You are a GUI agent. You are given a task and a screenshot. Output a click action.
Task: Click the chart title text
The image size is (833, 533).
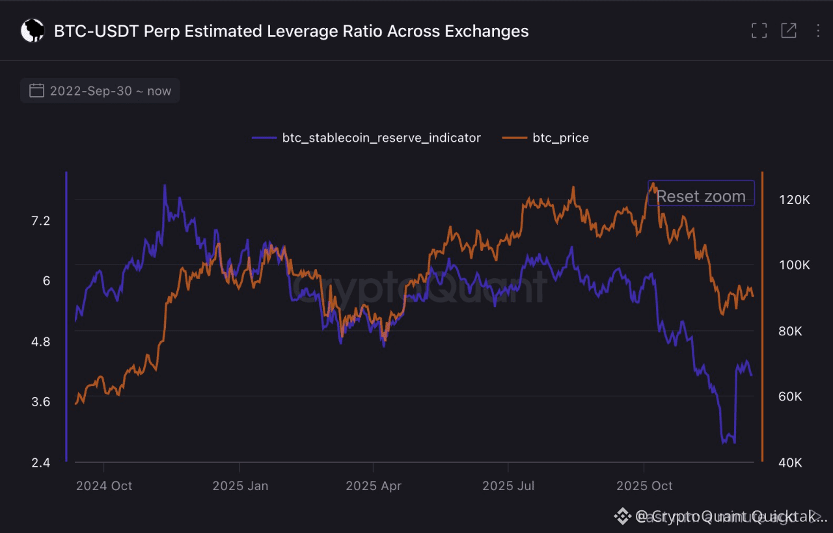coord(291,31)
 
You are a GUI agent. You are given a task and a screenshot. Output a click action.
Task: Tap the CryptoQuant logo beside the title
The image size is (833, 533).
coord(32,31)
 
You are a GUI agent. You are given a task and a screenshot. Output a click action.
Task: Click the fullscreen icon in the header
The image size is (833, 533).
coord(759,31)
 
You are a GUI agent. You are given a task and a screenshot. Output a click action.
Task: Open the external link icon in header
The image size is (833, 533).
coord(788,31)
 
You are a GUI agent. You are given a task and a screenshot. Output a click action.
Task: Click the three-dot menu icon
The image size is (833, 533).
coord(818,31)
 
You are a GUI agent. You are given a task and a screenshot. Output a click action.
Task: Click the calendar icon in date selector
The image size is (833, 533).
coord(37,91)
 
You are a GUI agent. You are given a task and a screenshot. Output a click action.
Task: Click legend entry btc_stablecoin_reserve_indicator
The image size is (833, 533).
coord(381,138)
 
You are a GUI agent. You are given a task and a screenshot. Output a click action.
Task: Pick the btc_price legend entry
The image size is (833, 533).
coord(560,138)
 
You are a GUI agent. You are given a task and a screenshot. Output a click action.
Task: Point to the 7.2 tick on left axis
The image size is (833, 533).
coord(40,221)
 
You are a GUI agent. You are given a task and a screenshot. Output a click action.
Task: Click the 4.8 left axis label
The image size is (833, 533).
coord(40,342)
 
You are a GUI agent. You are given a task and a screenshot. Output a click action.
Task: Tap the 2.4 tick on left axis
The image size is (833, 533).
coord(40,463)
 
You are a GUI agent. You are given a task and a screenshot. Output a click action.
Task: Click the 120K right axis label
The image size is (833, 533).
coord(794,200)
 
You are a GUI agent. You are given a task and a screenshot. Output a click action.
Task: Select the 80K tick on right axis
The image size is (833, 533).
coord(794,331)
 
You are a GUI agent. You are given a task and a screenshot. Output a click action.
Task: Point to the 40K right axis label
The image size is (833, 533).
coord(794,463)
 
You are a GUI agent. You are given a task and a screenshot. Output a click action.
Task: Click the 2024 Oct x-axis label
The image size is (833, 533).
coord(104,486)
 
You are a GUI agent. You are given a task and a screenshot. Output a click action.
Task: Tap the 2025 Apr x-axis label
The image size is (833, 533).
coord(374,486)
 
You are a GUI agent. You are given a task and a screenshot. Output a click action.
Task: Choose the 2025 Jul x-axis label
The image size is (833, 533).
coord(508,486)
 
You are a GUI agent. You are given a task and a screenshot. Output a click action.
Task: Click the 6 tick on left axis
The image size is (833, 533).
coord(46,281)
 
